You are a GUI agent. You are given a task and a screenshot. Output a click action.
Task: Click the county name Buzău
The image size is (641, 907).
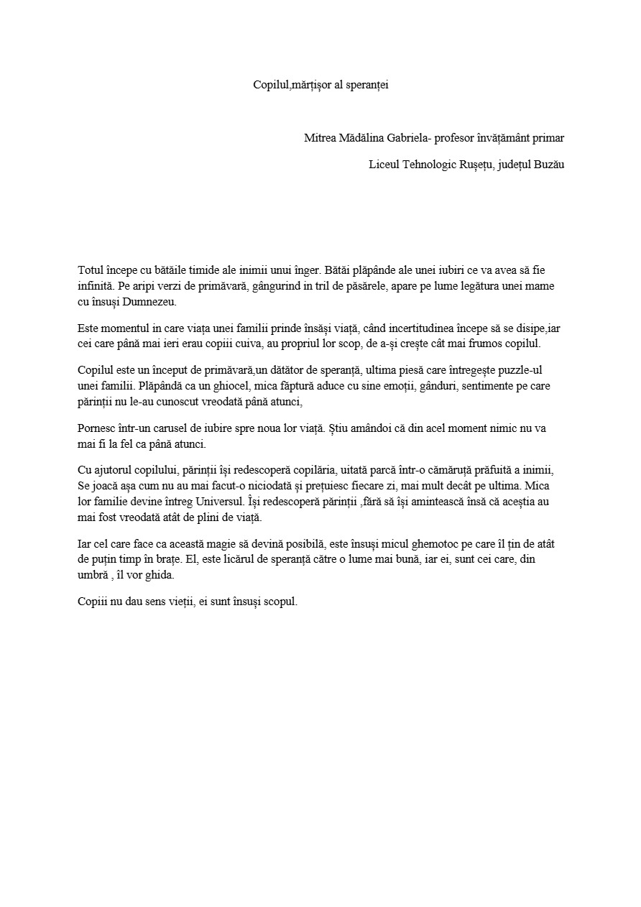point(548,165)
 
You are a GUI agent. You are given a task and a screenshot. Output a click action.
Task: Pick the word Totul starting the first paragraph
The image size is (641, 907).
point(90,271)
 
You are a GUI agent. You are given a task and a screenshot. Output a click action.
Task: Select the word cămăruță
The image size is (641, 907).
point(455,470)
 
